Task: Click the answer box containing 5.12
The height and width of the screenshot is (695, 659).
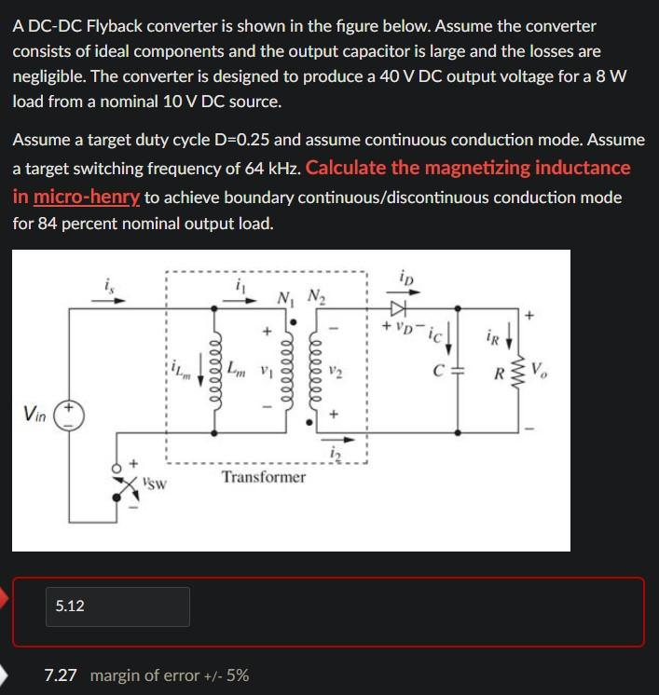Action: tap(117, 606)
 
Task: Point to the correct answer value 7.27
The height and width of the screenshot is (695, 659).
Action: tap(61, 675)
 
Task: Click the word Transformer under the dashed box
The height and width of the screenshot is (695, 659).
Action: tap(264, 477)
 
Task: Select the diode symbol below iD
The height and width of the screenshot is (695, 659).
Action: tap(400, 307)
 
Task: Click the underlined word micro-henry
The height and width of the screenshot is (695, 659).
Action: tap(87, 198)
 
